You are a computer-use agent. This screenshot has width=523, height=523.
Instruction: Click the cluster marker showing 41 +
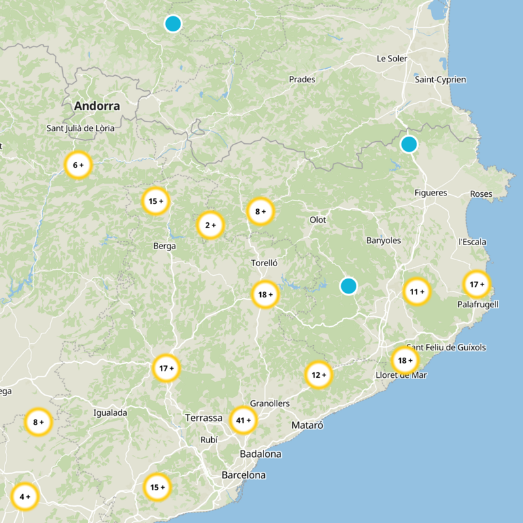(243, 420)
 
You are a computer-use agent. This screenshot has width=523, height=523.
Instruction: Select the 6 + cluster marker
(78, 165)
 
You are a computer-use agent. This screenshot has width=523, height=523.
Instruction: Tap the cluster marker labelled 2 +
(211, 226)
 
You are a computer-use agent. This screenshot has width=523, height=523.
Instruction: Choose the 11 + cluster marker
(416, 291)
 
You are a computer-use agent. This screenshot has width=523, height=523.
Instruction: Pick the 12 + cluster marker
(319, 375)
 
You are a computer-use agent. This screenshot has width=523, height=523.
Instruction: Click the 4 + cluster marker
(25, 496)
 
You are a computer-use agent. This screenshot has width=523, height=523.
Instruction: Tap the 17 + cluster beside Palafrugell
(477, 284)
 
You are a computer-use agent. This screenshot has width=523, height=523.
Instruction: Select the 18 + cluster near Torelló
(265, 295)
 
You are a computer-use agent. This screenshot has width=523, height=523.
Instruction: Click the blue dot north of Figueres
(409, 144)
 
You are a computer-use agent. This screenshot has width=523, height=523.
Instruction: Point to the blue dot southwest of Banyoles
(348, 286)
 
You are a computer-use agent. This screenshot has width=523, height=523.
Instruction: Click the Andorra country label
(97, 106)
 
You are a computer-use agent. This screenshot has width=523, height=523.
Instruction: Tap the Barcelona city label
(243, 475)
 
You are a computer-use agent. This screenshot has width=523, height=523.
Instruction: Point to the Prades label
(302, 80)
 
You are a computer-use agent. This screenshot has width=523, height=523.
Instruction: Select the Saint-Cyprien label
(440, 80)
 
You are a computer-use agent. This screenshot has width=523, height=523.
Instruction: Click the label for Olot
(318, 220)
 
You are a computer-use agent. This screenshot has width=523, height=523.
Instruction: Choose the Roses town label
(481, 194)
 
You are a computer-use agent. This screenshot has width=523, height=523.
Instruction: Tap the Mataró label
(307, 426)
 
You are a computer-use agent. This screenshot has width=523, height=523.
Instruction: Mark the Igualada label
(110, 413)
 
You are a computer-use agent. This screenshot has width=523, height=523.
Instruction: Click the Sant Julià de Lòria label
(80, 129)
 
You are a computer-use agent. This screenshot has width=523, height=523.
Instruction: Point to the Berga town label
(164, 246)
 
